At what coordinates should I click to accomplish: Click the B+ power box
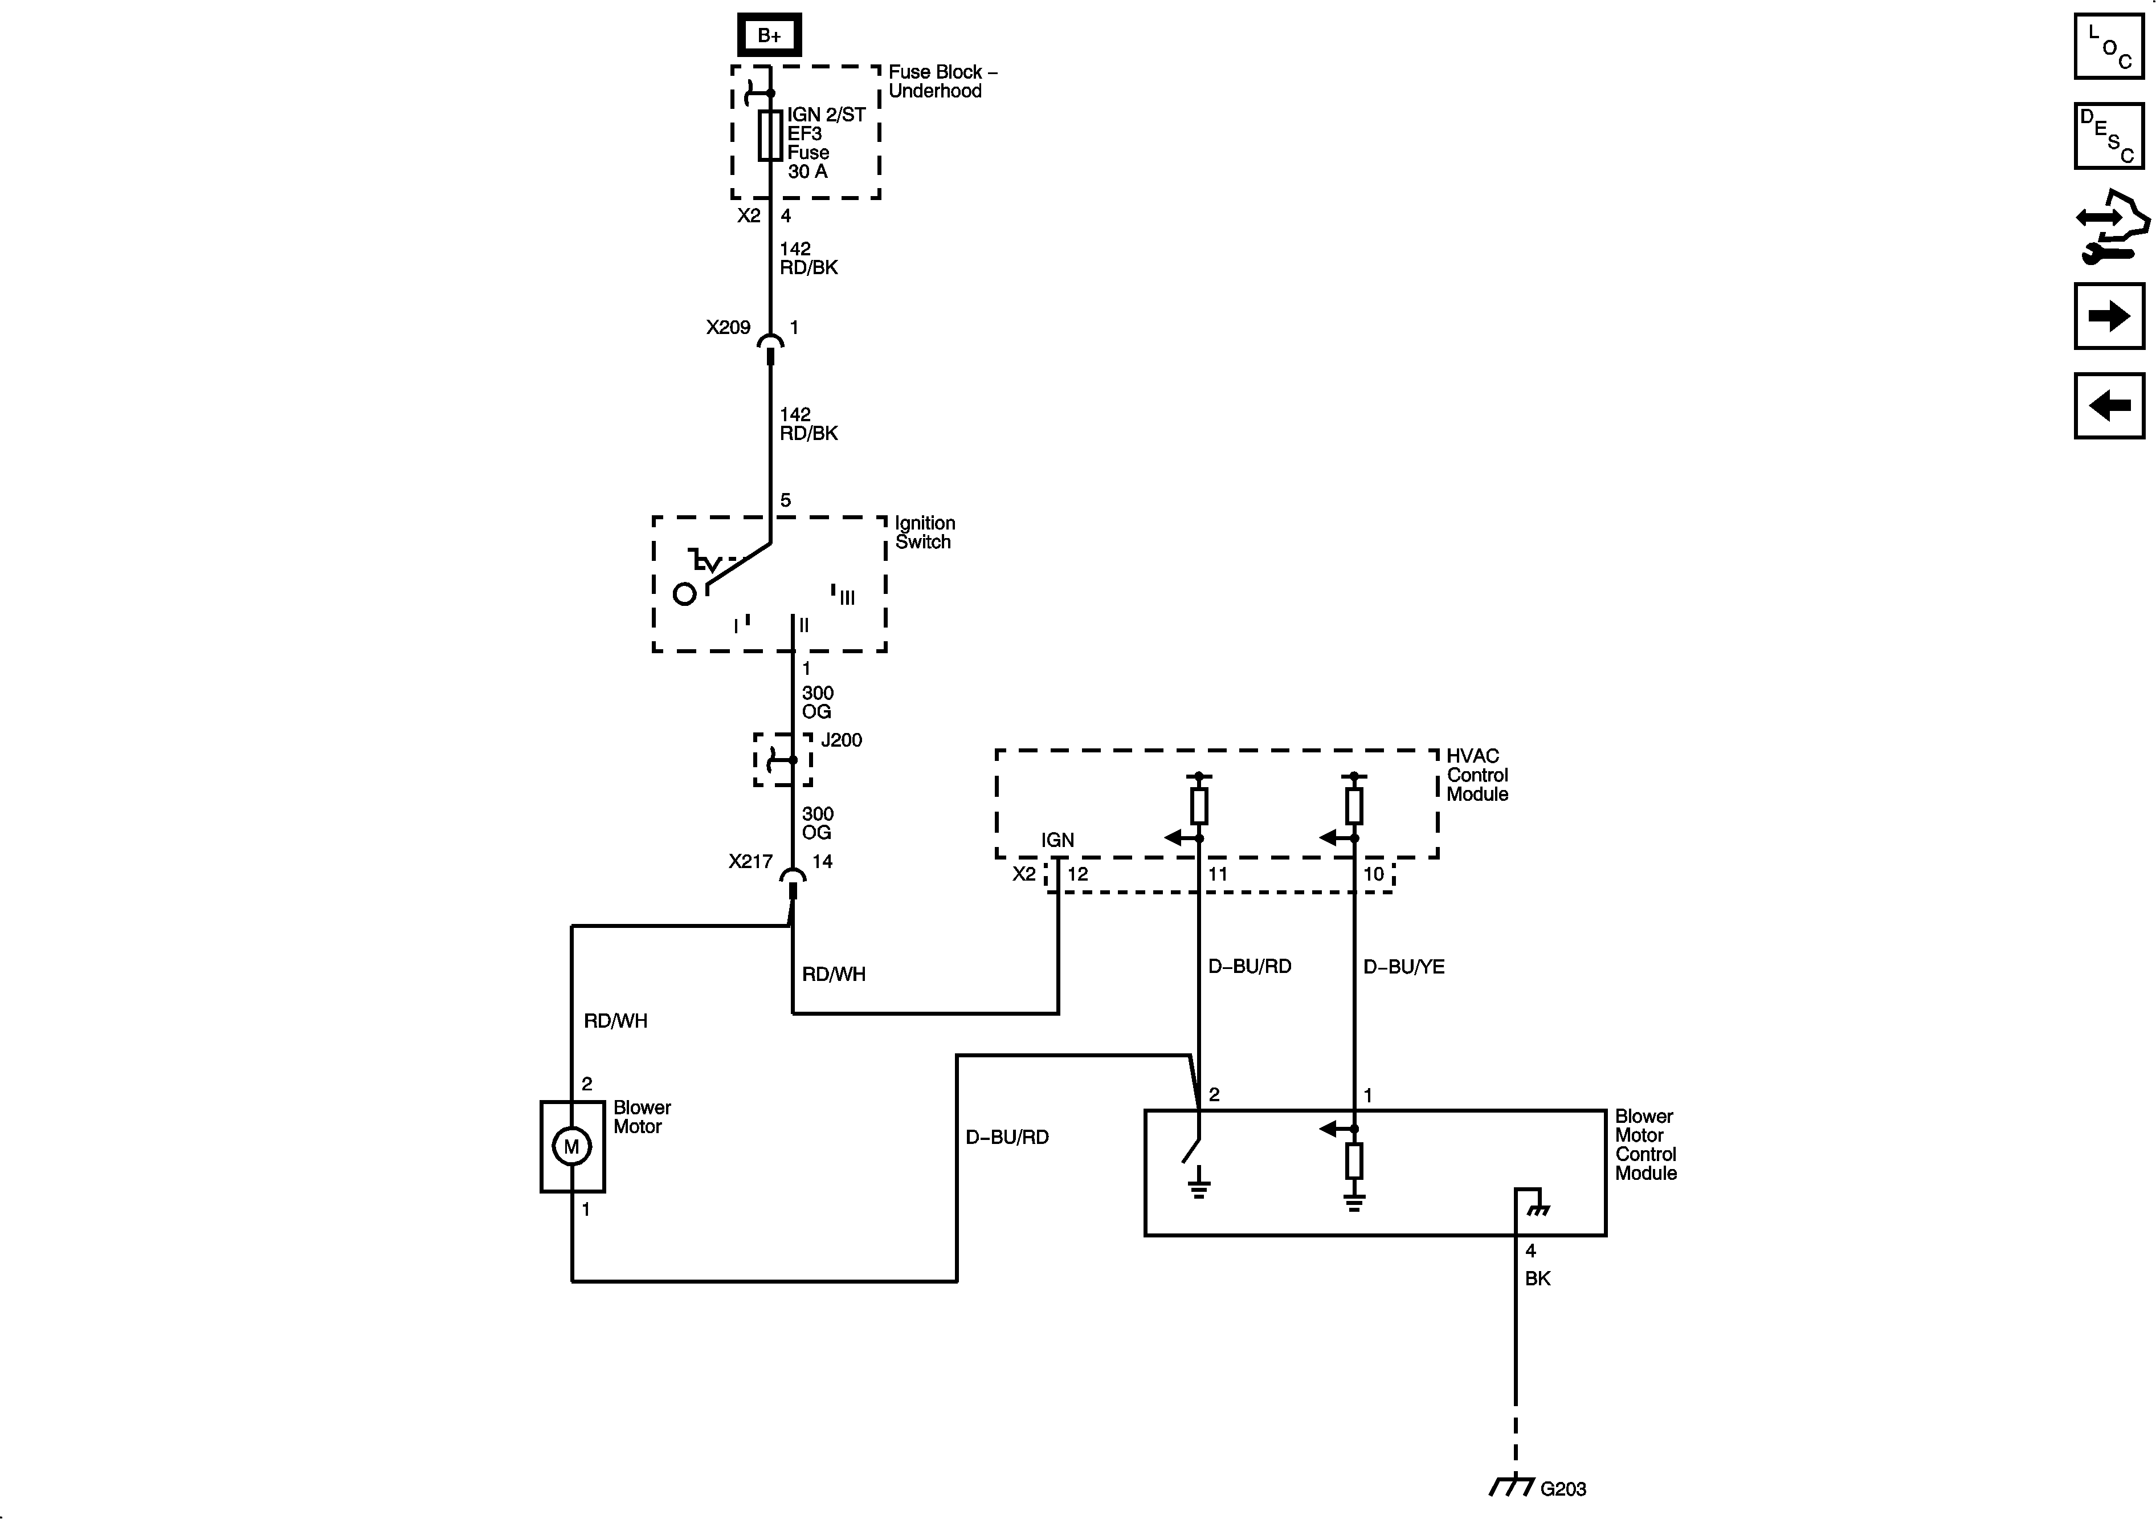pos(769,35)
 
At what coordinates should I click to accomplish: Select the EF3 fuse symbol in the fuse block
pos(770,135)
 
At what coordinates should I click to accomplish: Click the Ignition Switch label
pos(924,532)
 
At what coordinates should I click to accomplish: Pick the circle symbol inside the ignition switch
pos(684,594)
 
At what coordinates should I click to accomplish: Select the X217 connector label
pos(750,861)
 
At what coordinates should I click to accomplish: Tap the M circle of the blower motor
pos(572,1146)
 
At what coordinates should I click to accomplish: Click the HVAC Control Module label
pos(1476,775)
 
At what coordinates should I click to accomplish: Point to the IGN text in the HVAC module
pos(1057,840)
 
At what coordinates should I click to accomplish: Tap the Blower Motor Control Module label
pos(1645,1144)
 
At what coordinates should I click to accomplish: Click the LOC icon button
pos(2109,46)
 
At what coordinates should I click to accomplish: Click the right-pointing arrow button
pos(2109,316)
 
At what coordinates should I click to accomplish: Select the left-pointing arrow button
pos(2109,406)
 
